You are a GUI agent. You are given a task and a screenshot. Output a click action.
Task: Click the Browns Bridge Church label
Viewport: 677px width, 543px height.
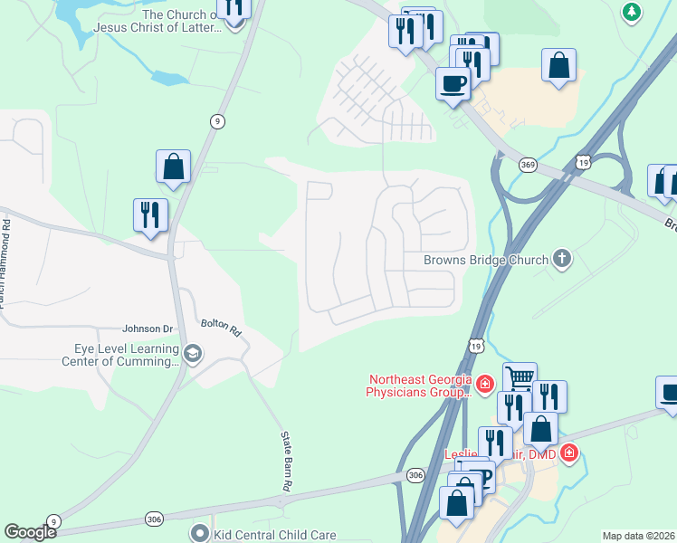(486, 260)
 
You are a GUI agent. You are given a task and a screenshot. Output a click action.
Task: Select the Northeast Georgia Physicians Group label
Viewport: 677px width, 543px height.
(418, 386)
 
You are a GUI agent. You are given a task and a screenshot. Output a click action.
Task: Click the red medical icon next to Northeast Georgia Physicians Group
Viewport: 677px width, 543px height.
(484, 385)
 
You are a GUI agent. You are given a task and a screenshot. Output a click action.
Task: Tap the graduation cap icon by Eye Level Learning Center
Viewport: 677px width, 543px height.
(192, 354)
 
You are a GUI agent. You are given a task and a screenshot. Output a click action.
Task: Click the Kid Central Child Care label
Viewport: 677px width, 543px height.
(275, 535)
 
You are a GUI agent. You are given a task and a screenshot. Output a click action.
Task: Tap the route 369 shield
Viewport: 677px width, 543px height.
(529, 165)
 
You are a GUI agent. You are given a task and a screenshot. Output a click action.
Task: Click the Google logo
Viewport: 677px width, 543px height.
(30, 532)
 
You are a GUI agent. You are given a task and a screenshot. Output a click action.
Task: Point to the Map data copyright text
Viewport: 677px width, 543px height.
(639, 536)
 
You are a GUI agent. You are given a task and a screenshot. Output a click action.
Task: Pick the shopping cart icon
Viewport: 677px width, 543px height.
(520, 376)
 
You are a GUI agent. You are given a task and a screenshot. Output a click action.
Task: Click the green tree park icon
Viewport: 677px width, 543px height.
(632, 12)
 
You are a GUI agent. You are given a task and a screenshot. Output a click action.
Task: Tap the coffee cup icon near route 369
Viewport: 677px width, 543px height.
(453, 83)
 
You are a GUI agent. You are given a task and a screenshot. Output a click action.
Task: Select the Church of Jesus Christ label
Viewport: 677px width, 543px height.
(181, 21)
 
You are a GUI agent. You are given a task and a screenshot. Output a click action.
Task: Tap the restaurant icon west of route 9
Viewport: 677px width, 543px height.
(149, 214)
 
